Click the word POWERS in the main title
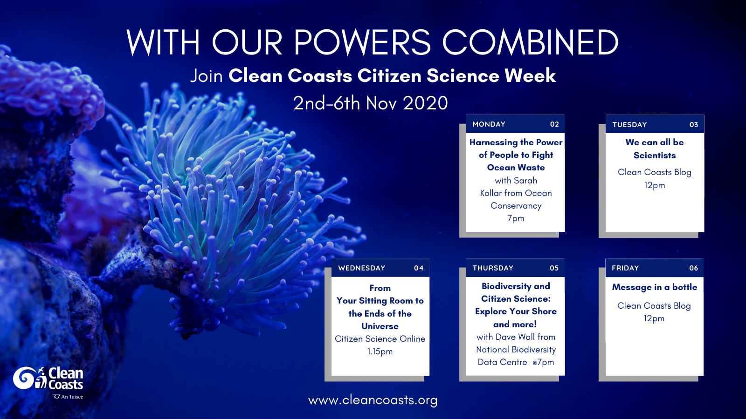click(362, 42)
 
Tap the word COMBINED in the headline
click(531, 42)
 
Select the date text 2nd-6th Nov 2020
click(370, 103)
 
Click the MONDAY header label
click(489, 124)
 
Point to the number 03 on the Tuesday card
click(694, 125)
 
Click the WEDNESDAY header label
click(362, 268)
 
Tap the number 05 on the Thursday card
click(554, 268)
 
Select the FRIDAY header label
click(625, 268)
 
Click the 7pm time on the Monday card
click(516, 218)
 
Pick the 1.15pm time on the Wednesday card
click(380, 351)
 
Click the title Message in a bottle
click(655, 287)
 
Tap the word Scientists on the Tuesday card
click(655, 155)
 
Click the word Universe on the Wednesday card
click(380, 326)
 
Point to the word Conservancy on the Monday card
click(516, 206)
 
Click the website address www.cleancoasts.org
click(373, 400)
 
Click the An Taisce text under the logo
click(72, 397)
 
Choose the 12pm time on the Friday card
click(654, 318)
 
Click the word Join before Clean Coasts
click(207, 75)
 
